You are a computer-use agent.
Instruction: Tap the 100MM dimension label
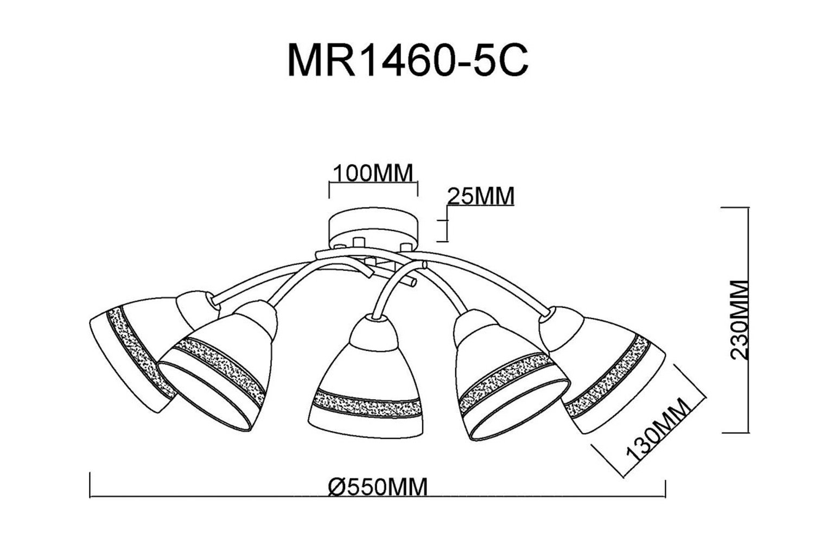click(x=373, y=173)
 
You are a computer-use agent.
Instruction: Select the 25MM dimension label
click(x=481, y=197)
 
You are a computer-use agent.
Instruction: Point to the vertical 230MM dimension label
click(x=740, y=320)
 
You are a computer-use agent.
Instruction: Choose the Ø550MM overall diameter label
click(x=378, y=487)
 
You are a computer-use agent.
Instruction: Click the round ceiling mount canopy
click(x=373, y=228)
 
